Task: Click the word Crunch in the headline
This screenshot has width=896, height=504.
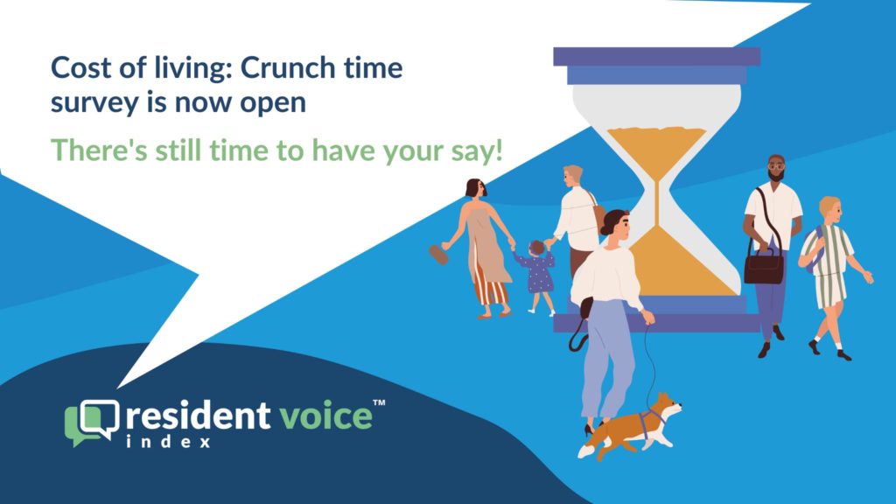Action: [x=288, y=68]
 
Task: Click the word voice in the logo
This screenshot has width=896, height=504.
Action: [x=325, y=416]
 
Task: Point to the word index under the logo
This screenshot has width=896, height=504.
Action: [x=169, y=442]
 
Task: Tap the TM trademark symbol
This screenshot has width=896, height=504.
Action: [x=379, y=402]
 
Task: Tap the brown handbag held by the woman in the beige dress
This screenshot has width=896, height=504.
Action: [x=439, y=255]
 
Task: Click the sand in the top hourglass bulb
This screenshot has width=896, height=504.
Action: [x=656, y=147]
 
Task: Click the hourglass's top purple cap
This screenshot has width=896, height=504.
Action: [x=656, y=57]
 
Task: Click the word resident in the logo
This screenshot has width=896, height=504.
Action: [x=198, y=416]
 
